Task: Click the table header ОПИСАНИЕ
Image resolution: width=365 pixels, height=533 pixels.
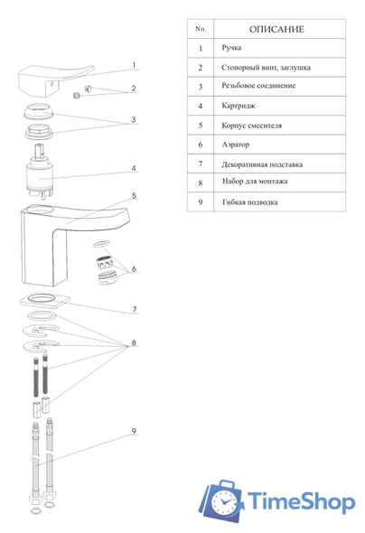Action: (x=276, y=29)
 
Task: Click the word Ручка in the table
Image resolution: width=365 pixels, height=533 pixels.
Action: (x=231, y=48)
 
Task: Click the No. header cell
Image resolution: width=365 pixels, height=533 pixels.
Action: (x=201, y=29)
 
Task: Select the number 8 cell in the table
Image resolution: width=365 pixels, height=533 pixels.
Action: (x=201, y=182)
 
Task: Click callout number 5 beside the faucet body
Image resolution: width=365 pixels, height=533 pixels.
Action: (x=135, y=196)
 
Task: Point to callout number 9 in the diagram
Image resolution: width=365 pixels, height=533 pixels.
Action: (x=135, y=431)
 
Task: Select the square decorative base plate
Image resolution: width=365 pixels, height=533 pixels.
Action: (x=45, y=301)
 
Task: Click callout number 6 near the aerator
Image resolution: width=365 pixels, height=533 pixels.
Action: (x=135, y=268)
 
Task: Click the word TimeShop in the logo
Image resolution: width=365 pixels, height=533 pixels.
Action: (x=301, y=501)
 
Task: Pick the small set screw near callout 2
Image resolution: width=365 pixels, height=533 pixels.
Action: (x=77, y=96)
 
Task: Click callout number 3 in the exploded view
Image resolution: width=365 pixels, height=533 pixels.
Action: (x=134, y=119)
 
